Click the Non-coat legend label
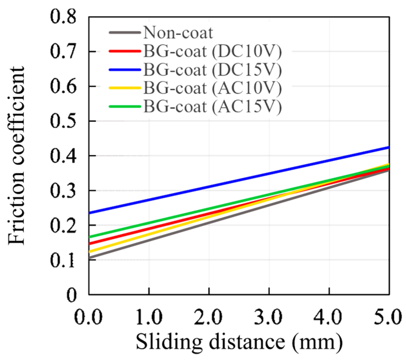click(x=178, y=33)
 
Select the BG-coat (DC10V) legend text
click(x=213, y=51)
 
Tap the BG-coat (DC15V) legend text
click(x=213, y=70)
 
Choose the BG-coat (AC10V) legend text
click(x=213, y=88)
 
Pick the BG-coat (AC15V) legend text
click(x=213, y=107)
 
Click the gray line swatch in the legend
click(x=125, y=33)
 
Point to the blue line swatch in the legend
click(x=125, y=70)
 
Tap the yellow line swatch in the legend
click(x=125, y=88)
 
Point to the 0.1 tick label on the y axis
click(x=63, y=260)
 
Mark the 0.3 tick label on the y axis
click(x=63, y=191)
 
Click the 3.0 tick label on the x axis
click(x=269, y=317)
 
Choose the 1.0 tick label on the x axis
click(x=149, y=317)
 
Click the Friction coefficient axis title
click(x=17, y=156)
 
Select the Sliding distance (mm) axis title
click(x=239, y=342)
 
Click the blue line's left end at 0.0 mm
click(x=90, y=213)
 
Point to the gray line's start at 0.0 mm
click(x=90, y=257)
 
